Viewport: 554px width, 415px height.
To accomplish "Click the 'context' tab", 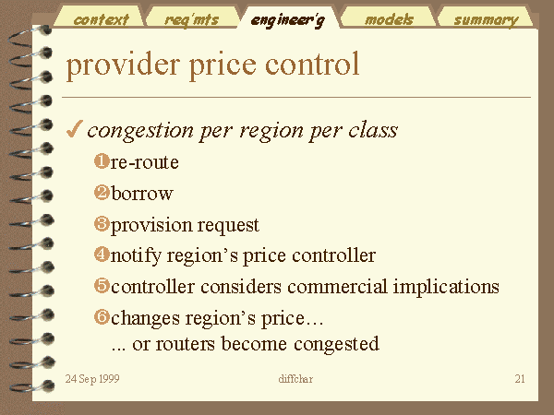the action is pos(100,18).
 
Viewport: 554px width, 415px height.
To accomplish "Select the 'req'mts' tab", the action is pos(192,18).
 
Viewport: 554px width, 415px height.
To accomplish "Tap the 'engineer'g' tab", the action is pos(288,18).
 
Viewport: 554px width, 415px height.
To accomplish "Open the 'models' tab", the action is pos(389,18).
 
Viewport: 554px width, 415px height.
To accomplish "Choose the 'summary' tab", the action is pos(486,18).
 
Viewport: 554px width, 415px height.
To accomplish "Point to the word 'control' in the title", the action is pos(312,64).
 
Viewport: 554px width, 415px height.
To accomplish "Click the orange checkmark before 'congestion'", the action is pos(75,129).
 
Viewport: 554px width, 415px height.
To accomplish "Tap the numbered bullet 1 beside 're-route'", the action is pos(102,161).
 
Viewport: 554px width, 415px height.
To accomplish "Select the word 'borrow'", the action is pos(142,193).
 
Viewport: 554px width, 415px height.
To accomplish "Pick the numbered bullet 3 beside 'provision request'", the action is pos(102,224).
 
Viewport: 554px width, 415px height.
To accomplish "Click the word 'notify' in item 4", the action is pos(136,256).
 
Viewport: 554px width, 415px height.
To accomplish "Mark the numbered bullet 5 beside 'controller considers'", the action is pos(102,285).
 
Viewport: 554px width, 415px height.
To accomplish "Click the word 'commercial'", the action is pos(337,286).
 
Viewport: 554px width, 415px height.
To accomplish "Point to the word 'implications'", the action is pos(446,287).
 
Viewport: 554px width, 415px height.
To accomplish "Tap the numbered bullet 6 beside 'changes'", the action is pos(102,316).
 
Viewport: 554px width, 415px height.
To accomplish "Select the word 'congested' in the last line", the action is pos(336,344).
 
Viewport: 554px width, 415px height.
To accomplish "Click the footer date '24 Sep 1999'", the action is pos(92,379).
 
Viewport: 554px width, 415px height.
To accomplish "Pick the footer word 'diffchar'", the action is pos(295,379).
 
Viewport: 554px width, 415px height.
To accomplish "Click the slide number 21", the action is pos(520,379).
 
